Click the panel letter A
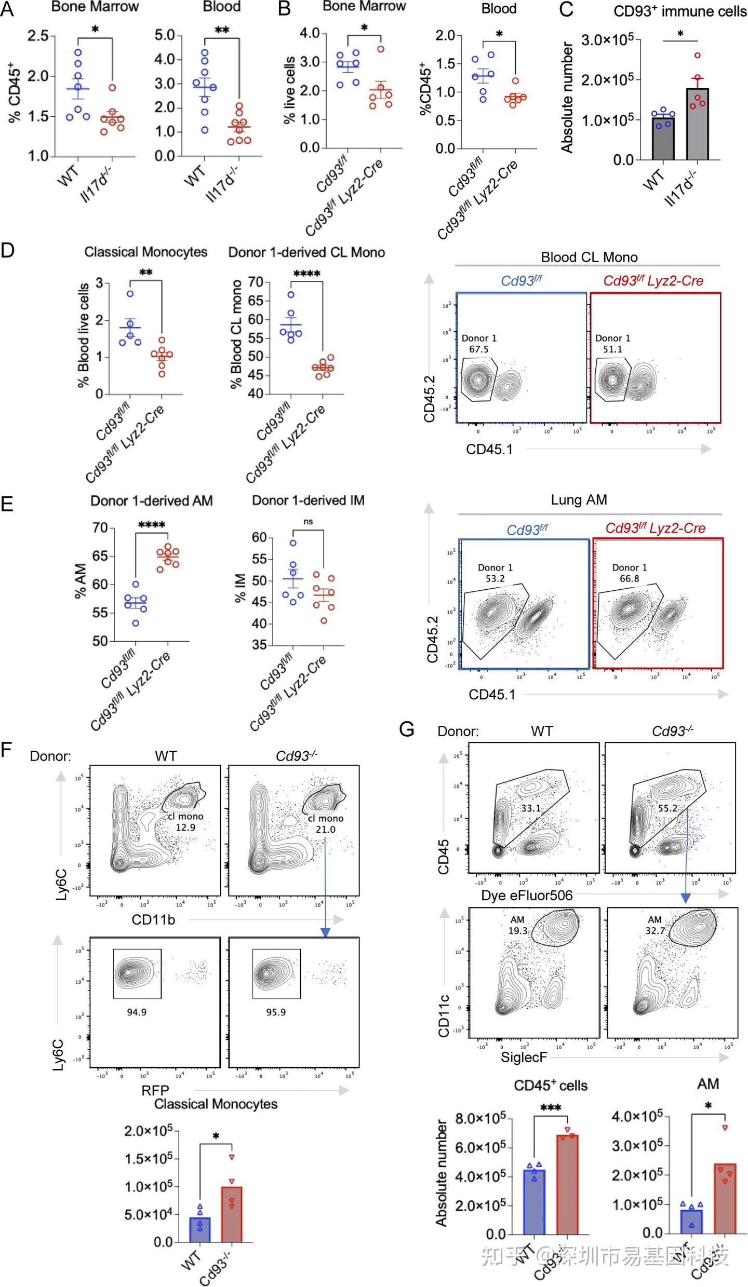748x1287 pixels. [x=7, y=9]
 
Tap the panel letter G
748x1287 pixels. [x=407, y=729]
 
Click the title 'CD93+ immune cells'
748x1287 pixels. [x=679, y=11]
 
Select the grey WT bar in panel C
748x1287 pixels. [x=663, y=139]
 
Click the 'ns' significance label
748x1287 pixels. [x=308, y=521]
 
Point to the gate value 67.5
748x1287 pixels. [x=478, y=349]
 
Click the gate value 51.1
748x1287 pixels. [x=612, y=349]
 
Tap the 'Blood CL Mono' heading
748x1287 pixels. [x=589, y=257]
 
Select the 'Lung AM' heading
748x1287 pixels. [x=579, y=499]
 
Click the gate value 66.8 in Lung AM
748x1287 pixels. [x=629, y=578]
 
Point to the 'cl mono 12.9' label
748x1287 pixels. [x=185, y=822]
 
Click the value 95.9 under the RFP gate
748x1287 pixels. [x=275, y=1012]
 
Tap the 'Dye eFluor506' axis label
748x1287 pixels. [x=527, y=895]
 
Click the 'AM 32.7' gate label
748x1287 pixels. [x=655, y=926]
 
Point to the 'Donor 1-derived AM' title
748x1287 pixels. [x=152, y=500]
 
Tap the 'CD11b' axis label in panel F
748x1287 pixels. [x=153, y=919]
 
